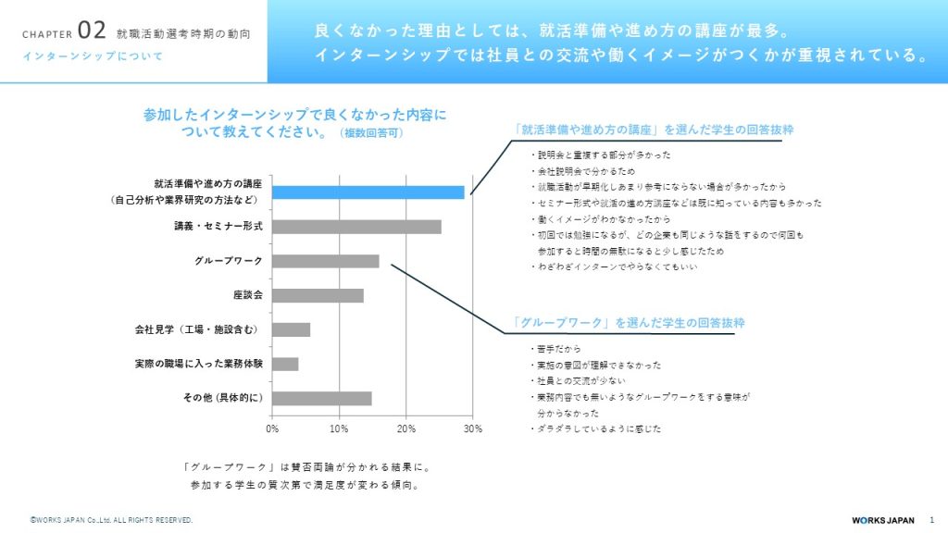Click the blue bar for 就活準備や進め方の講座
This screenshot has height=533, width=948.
368,192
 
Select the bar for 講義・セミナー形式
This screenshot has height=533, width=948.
356,227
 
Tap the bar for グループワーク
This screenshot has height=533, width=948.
326,261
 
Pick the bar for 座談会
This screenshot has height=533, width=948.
318,295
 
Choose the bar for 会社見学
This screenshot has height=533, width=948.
291,329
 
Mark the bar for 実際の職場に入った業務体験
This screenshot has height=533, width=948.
285,364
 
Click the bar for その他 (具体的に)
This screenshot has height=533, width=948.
322,398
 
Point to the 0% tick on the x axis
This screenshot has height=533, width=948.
272,429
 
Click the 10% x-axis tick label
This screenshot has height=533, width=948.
339,429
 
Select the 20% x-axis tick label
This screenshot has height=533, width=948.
405,429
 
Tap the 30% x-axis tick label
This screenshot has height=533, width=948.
472,429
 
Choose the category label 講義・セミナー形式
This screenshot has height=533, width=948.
218,227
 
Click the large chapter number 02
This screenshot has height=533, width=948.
93,31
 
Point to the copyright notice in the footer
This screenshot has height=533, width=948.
111,521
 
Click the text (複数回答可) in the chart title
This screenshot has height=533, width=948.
373,133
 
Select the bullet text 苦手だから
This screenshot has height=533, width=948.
559,349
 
